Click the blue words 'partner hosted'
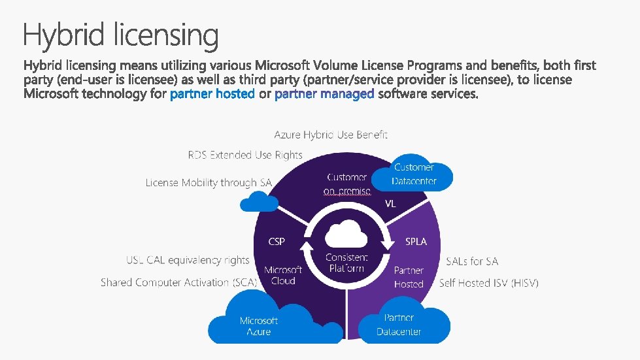(x=212, y=95)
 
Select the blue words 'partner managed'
(x=325, y=95)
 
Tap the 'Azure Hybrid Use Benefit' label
(x=331, y=135)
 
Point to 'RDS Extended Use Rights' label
(x=245, y=155)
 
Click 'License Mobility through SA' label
(x=209, y=183)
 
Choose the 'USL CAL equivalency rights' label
(x=188, y=260)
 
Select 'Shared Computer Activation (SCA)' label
(x=179, y=282)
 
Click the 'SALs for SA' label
(x=472, y=261)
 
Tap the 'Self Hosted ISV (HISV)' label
(x=489, y=283)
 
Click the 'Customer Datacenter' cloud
(x=413, y=174)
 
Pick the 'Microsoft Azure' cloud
(x=258, y=321)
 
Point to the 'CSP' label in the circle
(x=277, y=242)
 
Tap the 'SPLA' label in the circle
(x=416, y=242)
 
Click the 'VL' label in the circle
(x=390, y=204)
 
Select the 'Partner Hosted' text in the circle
(x=409, y=277)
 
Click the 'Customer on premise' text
(x=347, y=184)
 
